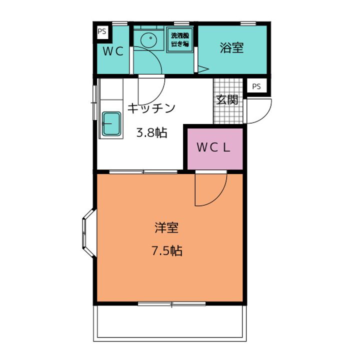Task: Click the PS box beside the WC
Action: click(102, 31)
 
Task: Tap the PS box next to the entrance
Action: click(256, 86)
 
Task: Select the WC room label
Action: click(114, 51)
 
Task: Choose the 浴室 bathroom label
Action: click(231, 48)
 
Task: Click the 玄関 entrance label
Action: click(227, 99)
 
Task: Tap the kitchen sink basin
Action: click(112, 123)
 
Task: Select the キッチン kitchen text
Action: click(151, 107)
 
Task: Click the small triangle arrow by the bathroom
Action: click(203, 69)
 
